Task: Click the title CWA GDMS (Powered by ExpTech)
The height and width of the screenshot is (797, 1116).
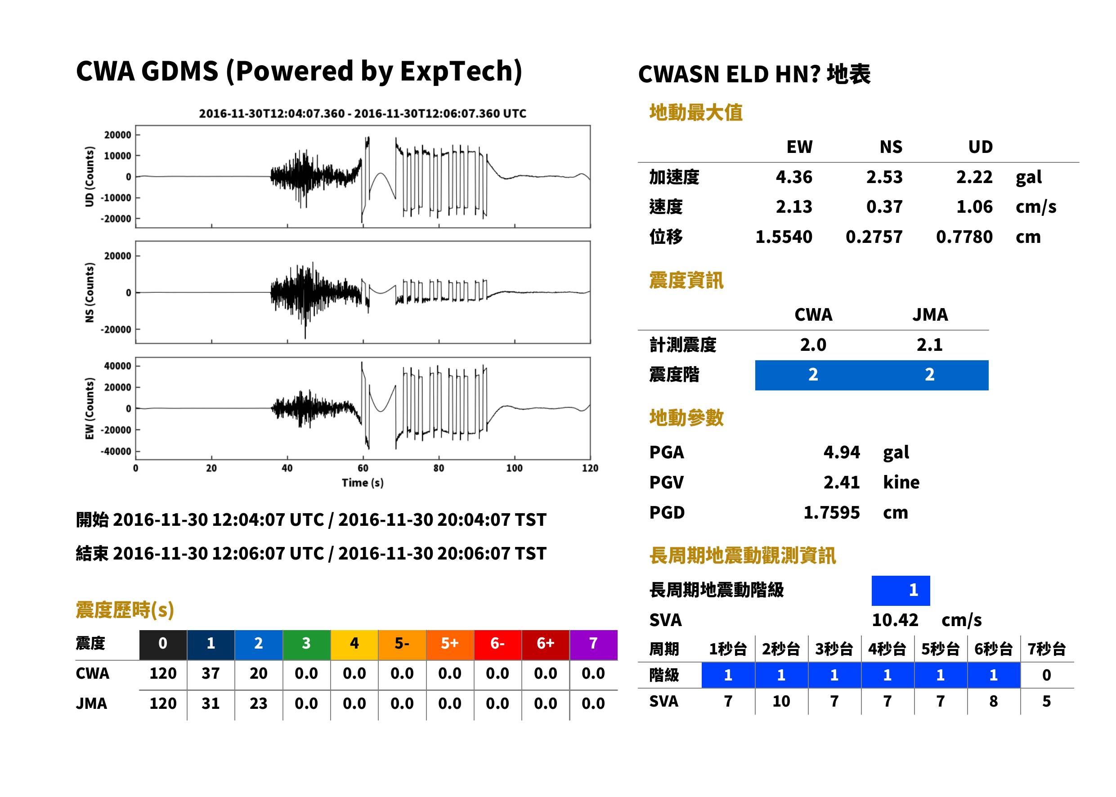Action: [299, 72]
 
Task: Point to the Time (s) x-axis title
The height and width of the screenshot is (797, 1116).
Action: [363, 483]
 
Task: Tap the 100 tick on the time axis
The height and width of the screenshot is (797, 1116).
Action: [514, 468]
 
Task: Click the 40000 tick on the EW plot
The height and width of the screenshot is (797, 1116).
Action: [118, 366]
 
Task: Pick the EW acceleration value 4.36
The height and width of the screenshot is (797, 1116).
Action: [794, 177]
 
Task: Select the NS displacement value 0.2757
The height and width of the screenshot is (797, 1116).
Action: [874, 237]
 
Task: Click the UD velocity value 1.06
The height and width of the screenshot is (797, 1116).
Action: [975, 207]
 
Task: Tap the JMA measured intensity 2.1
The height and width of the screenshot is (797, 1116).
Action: [929, 345]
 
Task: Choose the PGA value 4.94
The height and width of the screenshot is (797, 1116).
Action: [842, 452]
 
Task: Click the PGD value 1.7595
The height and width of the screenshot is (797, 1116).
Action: [832, 513]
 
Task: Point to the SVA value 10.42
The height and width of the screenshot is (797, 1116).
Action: [895, 620]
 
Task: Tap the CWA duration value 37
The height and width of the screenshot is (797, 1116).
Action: [211, 674]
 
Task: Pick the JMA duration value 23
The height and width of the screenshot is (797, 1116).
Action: [259, 704]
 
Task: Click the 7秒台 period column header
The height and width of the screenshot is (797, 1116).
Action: [1047, 649]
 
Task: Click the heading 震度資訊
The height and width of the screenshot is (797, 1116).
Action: [686, 281]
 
